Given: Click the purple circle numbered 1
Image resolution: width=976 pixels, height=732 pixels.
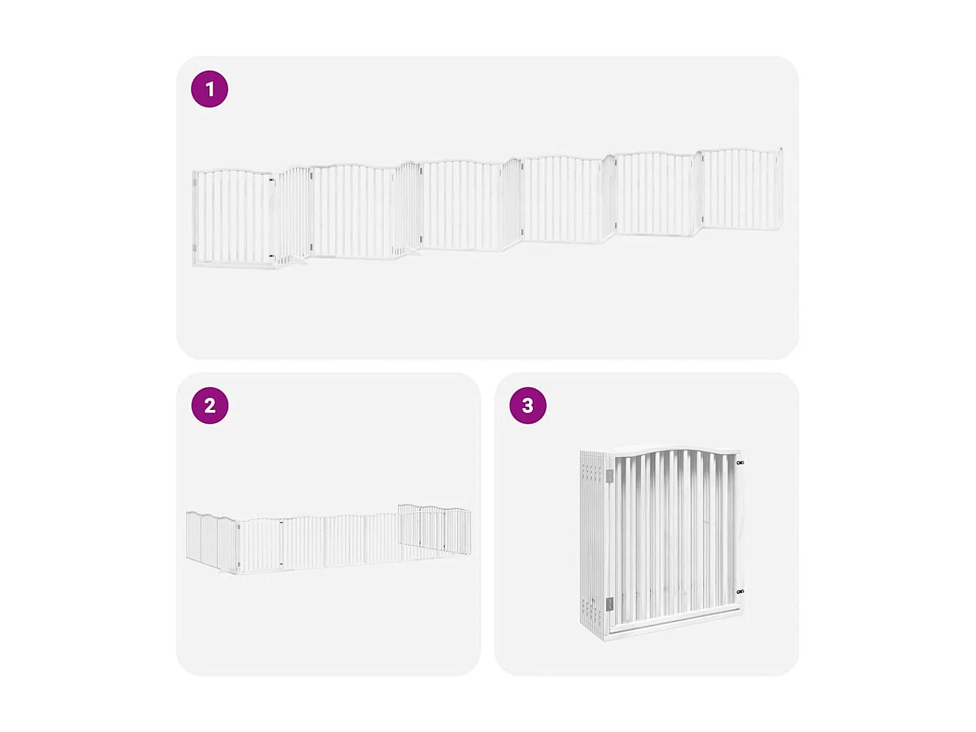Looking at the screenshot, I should click(210, 89).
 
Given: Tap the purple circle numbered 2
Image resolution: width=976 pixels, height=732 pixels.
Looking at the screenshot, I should click(210, 405).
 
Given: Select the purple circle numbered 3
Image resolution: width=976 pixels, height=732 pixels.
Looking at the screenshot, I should click(528, 405).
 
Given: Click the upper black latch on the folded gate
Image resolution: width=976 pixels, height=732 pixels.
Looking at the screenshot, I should click(740, 463).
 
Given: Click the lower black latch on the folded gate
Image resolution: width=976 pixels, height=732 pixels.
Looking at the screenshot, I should click(740, 591).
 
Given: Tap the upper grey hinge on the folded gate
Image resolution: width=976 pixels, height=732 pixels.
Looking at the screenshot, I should click(609, 476).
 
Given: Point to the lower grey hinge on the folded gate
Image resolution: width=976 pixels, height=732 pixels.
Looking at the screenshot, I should click(609, 604).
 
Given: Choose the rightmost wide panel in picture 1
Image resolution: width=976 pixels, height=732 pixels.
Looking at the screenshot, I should click(741, 188).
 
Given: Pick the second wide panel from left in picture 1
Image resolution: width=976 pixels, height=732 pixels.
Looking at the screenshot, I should click(353, 211).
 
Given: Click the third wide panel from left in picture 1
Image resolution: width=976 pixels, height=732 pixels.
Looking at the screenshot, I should click(461, 205).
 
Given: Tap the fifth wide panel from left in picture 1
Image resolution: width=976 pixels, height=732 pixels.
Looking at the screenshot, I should click(653, 193).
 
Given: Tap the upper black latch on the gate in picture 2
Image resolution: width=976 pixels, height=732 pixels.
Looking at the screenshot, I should click(281, 522).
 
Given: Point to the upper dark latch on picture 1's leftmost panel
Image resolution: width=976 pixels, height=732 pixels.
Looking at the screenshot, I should click(271, 180).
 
